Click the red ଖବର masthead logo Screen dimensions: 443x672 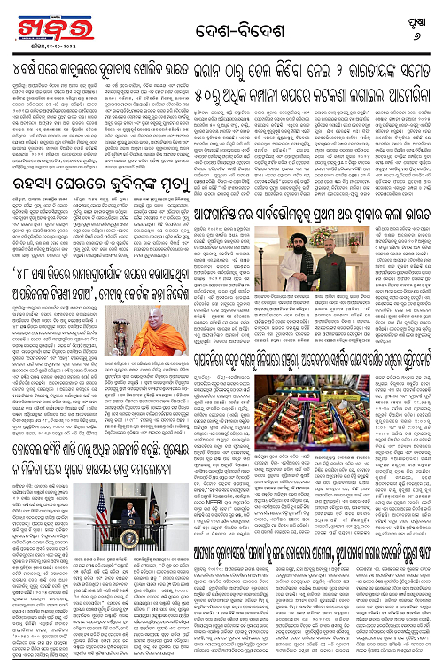tap(36, 25)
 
